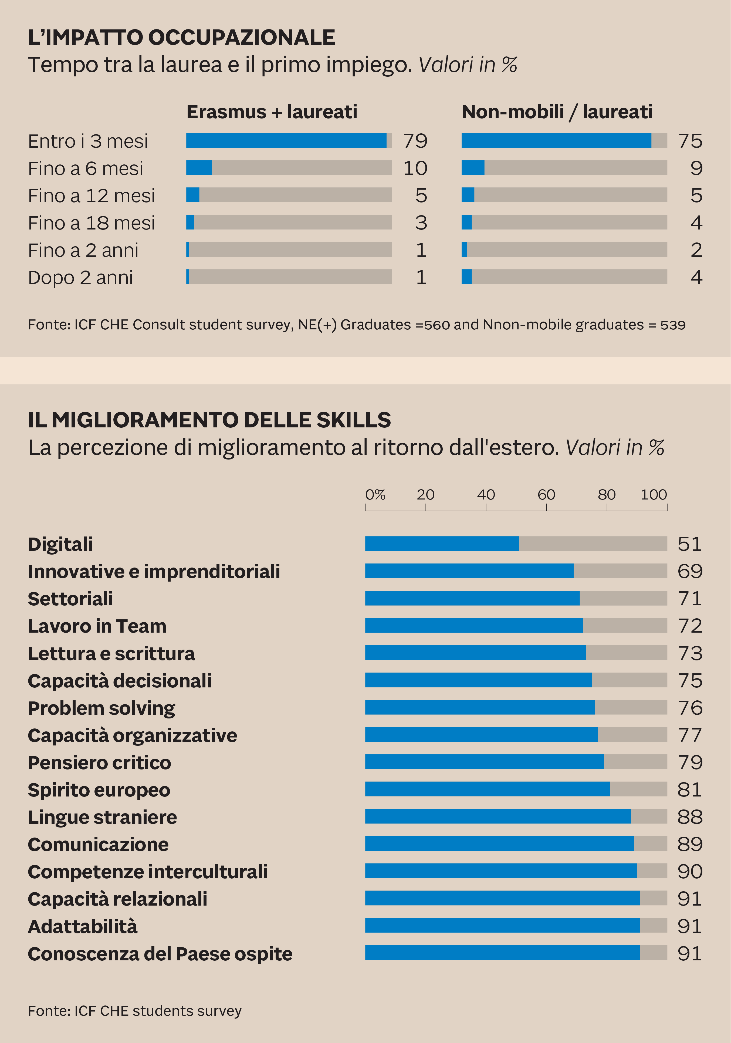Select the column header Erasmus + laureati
(x=272, y=112)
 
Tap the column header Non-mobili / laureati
(x=557, y=112)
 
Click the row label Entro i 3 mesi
(x=88, y=141)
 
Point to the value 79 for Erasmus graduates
(x=415, y=141)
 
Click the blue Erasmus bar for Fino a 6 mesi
(x=199, y=168)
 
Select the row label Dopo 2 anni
(x=80, y=278)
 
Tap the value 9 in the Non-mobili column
(x=696, y=168)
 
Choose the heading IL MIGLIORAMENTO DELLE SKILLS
(x=209, y=420)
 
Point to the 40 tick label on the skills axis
(x=486, y=495)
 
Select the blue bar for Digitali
(x=442, y=544)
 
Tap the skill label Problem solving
(x=101, y=708)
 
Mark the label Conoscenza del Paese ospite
(x=160, y=954)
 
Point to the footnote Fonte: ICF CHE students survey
(x=134, y=1011)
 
